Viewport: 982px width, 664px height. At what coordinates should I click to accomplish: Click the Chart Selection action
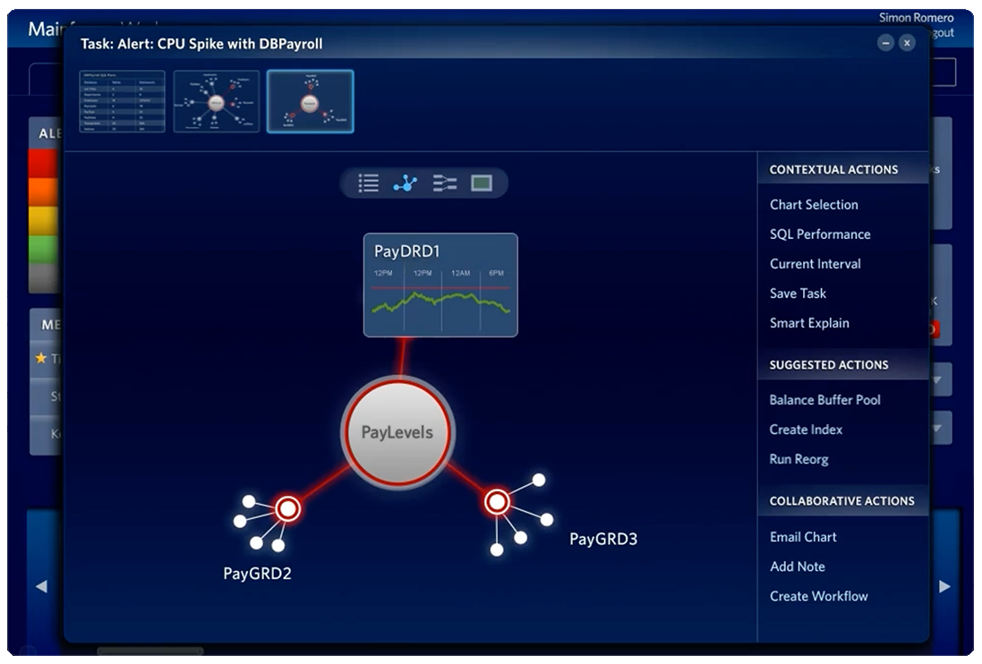tap(814, 205)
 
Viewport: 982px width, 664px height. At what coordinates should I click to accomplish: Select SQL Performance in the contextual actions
tap(820, 234)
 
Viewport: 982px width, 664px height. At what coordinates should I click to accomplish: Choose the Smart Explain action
tap(809, 323)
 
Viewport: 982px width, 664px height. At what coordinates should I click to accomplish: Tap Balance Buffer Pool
tap(824, 400)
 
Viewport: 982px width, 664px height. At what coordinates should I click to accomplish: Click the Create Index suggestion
tap(806, 430)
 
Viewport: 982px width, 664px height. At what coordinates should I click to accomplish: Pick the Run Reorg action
tap(798, 459)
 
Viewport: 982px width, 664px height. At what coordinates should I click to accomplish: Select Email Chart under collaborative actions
tap(803, 537)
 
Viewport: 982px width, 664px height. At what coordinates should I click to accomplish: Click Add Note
tap(797, 566)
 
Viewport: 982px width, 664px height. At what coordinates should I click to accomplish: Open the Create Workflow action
tap(818, 596)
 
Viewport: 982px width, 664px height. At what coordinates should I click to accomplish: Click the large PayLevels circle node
tap(397, 433)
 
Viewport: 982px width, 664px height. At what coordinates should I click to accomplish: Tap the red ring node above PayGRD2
tap(287, 509)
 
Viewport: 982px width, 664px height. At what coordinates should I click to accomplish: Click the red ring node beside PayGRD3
tap(497, 502)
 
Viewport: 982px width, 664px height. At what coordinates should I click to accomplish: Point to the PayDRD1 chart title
tap(406, 251)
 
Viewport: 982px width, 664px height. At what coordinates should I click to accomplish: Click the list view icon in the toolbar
tap(369, 183)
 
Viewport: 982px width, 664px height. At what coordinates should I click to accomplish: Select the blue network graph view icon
tap(406, 183)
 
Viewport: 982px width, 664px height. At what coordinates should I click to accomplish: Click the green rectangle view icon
tap(482, 183)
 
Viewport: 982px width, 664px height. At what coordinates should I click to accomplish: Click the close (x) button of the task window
tap(907, 43)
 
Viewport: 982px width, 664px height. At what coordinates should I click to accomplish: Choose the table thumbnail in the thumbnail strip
tap(122, 101)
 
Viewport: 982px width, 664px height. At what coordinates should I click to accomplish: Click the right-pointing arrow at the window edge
tap(944, 586)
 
